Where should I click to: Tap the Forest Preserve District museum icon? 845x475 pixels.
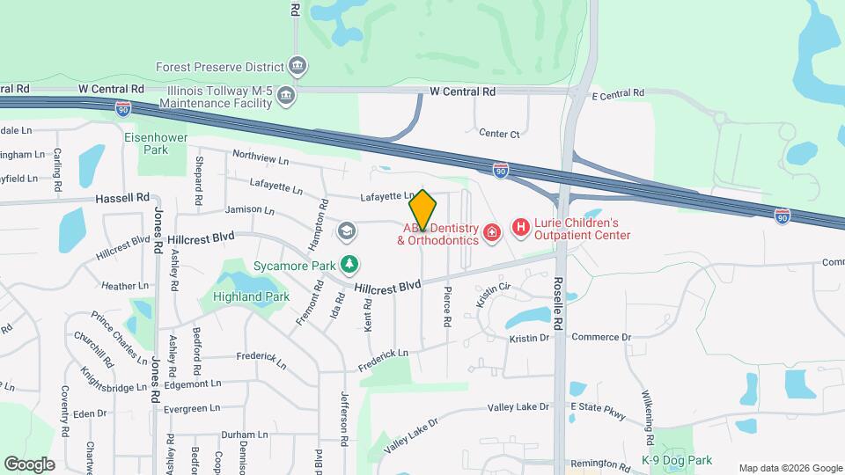(298, 66)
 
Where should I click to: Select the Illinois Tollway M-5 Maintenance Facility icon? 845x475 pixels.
(285, 97)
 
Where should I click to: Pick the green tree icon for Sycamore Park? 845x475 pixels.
(350, 264)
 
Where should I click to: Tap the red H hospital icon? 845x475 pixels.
(520, 229)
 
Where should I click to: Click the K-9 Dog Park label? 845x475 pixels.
(676, 460)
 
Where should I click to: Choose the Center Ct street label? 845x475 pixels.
(499, 134)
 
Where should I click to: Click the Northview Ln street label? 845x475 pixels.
(261, 157)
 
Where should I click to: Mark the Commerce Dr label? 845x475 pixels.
(601, 337)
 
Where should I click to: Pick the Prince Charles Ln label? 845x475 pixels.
(118, 339)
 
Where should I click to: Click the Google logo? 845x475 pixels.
(29, 464)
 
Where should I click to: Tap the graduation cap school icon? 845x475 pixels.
(347, 231)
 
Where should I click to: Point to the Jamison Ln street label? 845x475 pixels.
(250, 211)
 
